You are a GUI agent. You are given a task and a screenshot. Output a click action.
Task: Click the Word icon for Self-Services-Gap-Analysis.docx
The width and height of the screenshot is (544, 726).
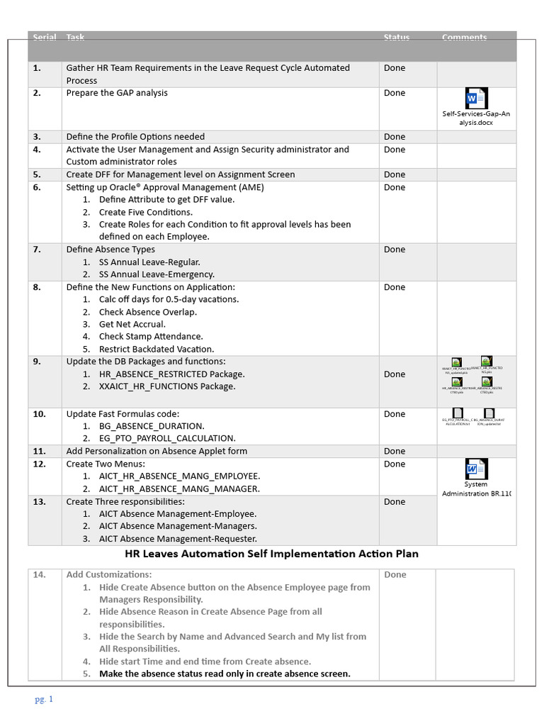(x=475, y=99)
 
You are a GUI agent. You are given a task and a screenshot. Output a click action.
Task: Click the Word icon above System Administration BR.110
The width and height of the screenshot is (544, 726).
(x=475, y=469)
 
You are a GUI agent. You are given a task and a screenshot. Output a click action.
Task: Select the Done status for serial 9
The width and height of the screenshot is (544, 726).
(x=395, y=374)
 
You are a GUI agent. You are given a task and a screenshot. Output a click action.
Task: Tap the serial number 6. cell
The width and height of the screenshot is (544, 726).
(x=37, y=187)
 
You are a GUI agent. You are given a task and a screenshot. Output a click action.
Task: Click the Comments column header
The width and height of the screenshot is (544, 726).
(x=464, y=38)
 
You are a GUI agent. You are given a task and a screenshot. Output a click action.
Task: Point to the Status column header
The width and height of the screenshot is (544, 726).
(x=396, y=38)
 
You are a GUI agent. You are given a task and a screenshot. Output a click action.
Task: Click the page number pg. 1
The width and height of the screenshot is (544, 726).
(x=44, y=699)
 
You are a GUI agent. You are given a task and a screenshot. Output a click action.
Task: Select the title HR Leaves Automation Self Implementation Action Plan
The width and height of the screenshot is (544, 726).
(x=272, y=554)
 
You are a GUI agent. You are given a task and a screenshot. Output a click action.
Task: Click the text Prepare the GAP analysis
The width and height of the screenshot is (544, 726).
(x=117, y=93)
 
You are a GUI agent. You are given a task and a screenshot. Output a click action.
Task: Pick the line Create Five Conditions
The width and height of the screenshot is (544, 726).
(x=145, y=212)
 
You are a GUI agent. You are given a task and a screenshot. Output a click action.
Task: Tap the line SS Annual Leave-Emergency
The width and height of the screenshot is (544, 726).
(x=157, y=274)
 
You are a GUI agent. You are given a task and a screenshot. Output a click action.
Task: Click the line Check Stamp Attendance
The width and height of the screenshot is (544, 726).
(x=151, y=337)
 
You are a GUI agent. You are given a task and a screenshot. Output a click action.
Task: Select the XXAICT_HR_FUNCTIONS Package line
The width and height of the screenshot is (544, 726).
(x=167, y=386)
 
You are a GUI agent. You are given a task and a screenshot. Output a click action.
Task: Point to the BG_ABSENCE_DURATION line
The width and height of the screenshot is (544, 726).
(x=152, y=426)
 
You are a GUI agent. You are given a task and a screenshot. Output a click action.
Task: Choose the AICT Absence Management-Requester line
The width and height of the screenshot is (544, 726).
(x=178, y=538)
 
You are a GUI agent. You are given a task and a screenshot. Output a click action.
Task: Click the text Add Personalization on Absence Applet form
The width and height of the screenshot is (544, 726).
(x=157, y=451)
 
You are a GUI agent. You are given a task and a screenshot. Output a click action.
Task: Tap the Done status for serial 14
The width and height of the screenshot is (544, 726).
(x=395, y=575)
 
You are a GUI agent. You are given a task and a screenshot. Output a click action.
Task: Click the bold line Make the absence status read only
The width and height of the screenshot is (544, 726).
(x=225, y=674)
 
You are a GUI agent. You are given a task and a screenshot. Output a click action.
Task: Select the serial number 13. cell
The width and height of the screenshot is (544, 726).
(x=39, y=501)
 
